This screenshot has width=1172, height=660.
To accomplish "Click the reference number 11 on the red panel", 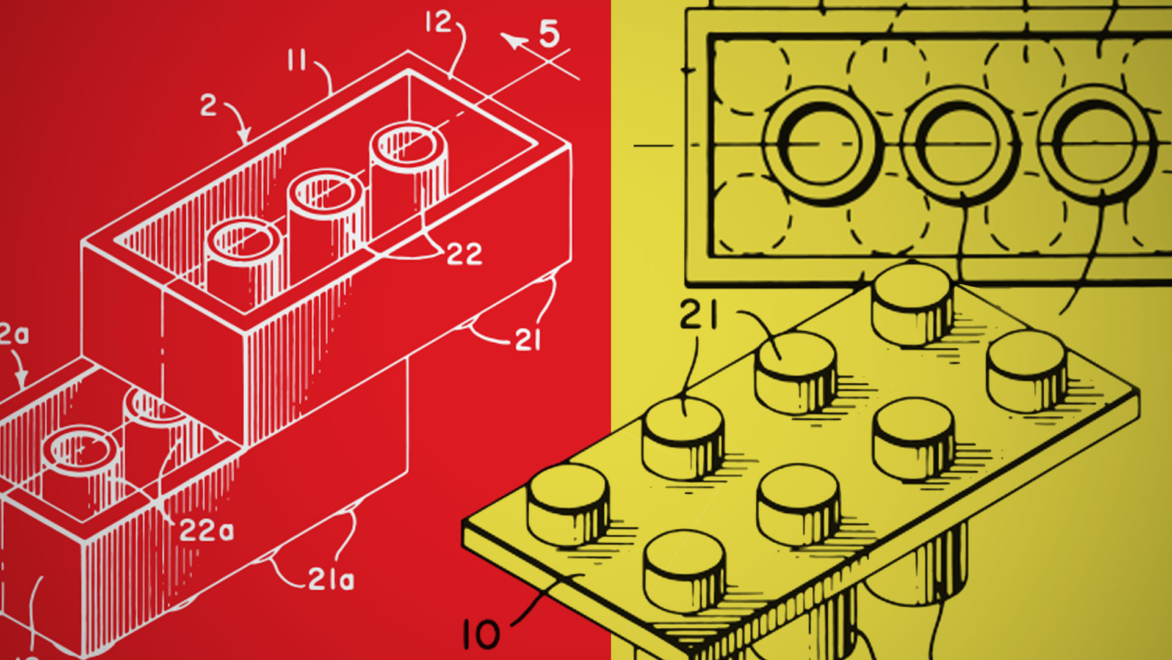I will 297,61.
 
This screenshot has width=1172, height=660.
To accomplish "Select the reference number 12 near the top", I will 438,23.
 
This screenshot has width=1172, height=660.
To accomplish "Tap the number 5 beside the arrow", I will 549,34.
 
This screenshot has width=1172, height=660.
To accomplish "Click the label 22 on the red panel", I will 465,254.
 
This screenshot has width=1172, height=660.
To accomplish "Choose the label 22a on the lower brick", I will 206,531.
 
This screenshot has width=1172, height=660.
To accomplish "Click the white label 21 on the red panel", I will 527,340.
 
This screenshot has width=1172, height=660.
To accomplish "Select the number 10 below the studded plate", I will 482,634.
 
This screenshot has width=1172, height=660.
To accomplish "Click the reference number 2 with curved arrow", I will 208,106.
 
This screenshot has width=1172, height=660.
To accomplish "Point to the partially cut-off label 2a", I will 13,335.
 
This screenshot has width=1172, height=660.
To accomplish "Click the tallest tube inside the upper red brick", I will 408,177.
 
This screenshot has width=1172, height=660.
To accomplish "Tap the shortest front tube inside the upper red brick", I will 244,257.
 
